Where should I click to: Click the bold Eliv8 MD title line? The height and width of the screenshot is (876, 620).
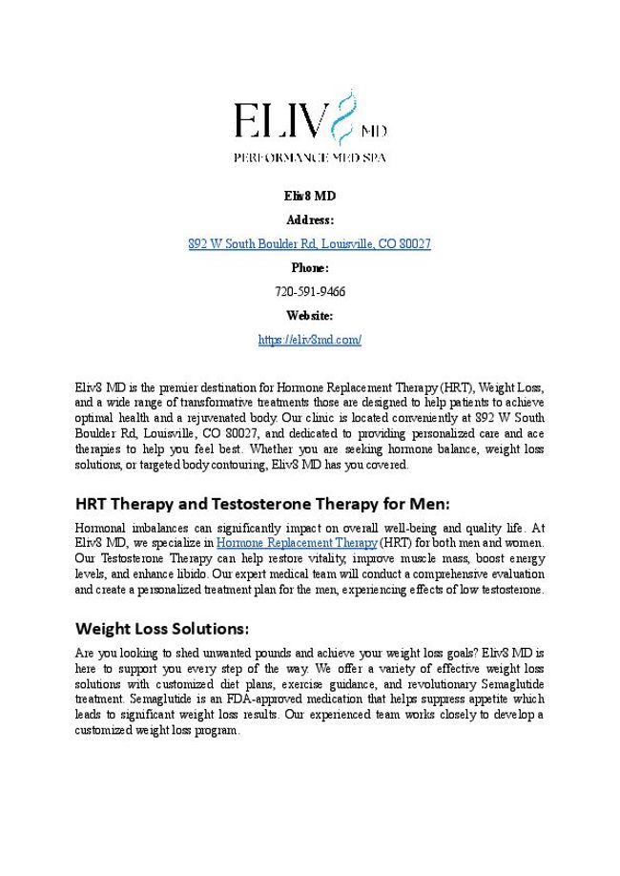(310, 196)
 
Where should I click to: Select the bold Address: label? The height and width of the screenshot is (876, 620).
(310, 219)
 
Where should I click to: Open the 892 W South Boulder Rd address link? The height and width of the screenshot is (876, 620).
(310, 244)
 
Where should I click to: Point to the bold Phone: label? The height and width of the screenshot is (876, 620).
(310, 268)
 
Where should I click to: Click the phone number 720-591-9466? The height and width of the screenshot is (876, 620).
(310, 292)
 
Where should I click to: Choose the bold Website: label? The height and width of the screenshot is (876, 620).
(310, 316)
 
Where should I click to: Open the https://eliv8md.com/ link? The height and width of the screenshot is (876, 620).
(310, 340)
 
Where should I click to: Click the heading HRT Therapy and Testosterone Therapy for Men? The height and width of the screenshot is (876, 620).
(261, 503)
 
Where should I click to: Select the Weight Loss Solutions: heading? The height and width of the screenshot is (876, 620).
(162, 629)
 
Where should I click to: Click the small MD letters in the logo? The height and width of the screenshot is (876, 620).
(374, 130)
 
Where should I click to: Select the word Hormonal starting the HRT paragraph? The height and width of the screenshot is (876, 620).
(100, 528)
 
